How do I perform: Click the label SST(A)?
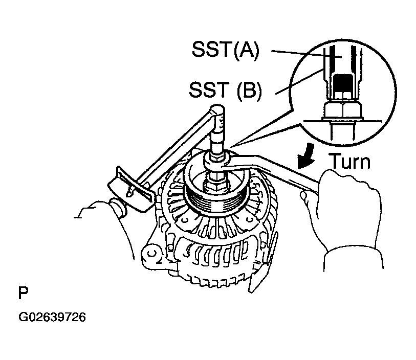[226, 50]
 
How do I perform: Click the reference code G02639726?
[52, 318]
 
